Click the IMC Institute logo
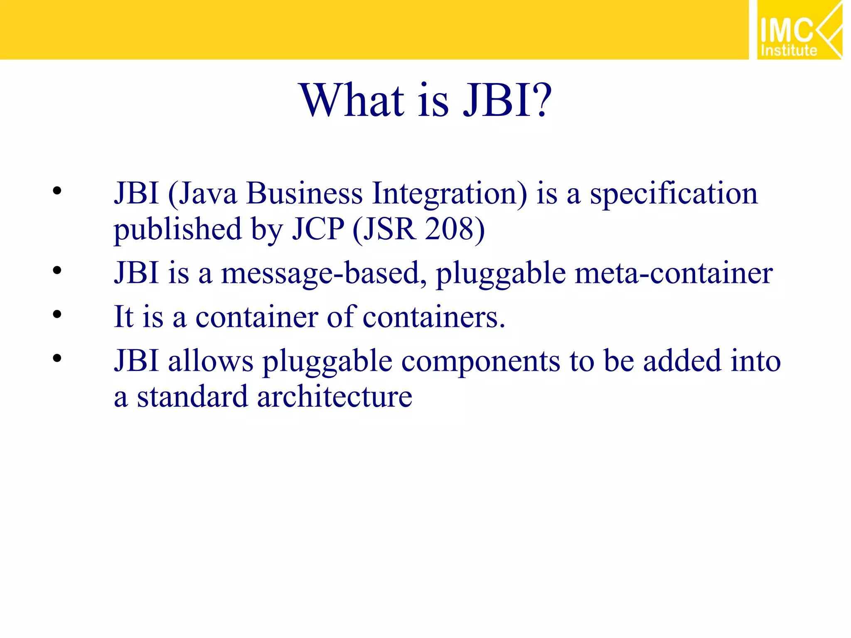coord(799,30)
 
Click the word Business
coord(304,194)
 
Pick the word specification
coord(674,194)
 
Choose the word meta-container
coord(674,273)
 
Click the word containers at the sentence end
coord(434,317)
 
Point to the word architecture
coord(334,397)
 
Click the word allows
coord(211,361)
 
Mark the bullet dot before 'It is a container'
coord(57,314)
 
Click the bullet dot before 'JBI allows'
coord(57,358)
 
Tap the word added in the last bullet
coord(682,361)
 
